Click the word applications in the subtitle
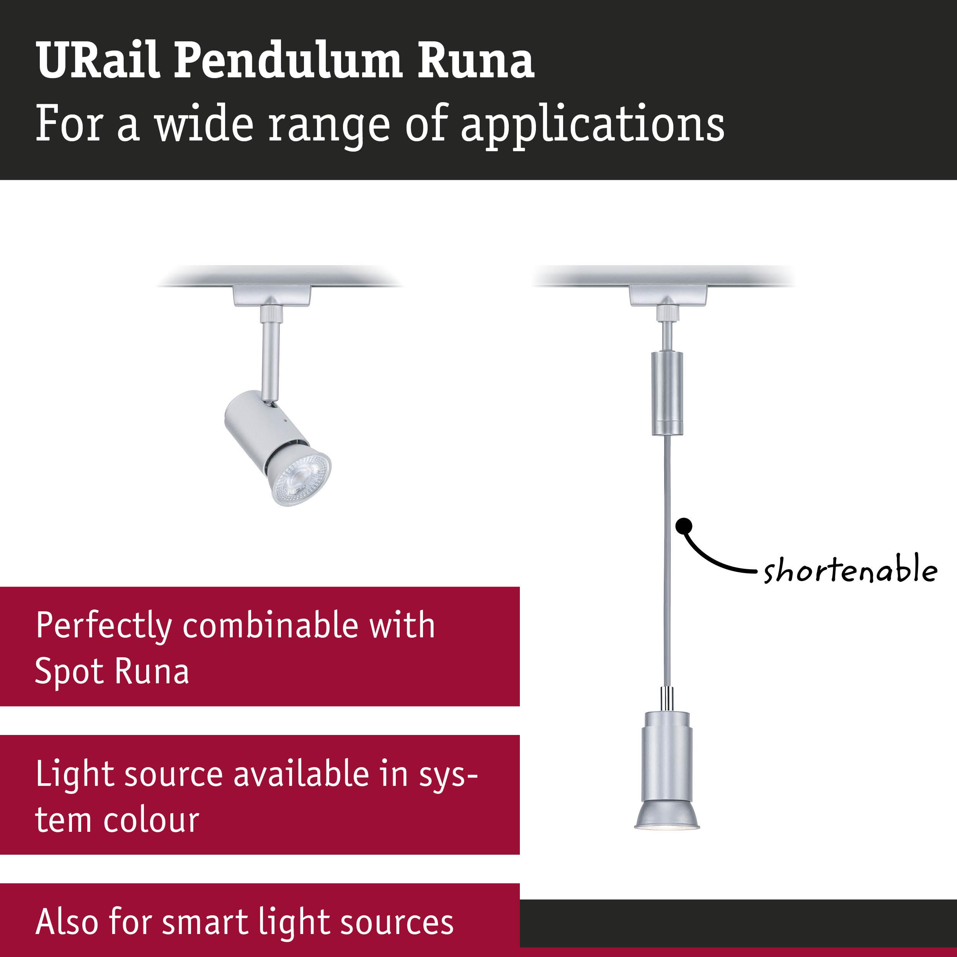[593, 125]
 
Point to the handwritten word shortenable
[850, 571]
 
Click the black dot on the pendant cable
[684, 527]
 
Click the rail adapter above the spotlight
[272, 296]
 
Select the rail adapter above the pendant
[668, 296]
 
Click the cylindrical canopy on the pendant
[667, 394]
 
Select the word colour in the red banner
[151, 820]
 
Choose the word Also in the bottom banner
[66, 921]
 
